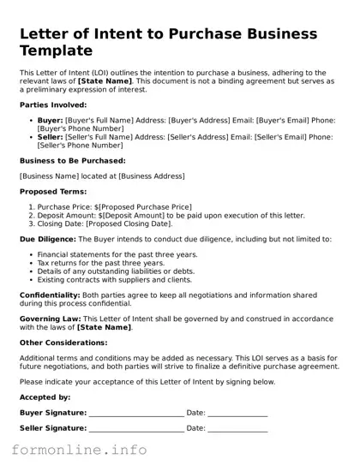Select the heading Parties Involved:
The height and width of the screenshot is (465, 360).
click(x=54, y=103)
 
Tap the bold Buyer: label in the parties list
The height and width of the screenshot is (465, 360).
click(x=51, y=121)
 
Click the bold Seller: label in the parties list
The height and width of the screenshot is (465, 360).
click(x=51, y=136)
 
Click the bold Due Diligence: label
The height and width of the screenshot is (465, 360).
click(x=48, y=238)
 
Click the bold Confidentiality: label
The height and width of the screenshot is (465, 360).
click(x=51, y=294)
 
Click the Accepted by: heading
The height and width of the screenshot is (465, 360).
click(x=45, y=397)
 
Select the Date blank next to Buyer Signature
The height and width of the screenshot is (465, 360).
click(x=237, y=414)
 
